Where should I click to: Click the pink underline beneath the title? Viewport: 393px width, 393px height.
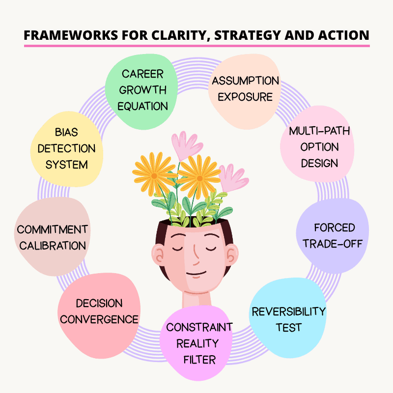tap(196, 46)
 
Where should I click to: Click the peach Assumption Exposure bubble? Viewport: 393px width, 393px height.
tap(245, 88)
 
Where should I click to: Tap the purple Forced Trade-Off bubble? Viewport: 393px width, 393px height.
tap(334, 236)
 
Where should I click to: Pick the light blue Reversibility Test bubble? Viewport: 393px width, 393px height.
tap(288, 318)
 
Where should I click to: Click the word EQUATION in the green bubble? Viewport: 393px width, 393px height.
tap(143, 106)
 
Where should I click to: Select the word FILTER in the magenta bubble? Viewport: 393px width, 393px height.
tap(199, 360)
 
